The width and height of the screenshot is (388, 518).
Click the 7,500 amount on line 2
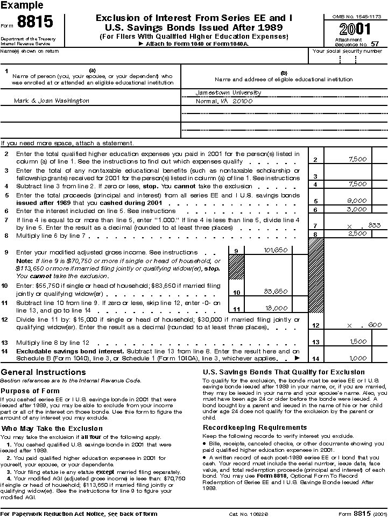coord(357,159)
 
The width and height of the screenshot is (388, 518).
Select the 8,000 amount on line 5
coord(357,200)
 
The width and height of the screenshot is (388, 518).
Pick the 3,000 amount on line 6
coord(357,209)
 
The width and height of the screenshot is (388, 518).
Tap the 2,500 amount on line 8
coord(357,233)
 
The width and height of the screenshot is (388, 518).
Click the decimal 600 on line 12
coord(375,325)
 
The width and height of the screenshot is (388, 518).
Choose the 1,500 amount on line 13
coord(357,342)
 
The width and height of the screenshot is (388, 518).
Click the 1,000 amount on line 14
coord(357,358)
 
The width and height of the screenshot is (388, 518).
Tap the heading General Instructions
coord(44,372)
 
